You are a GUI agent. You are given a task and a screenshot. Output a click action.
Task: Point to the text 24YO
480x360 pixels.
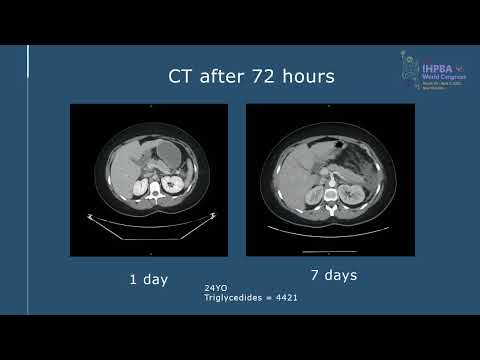click(x=214, y=288)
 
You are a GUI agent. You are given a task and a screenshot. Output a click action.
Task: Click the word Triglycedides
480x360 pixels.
click(x=228, y=298)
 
